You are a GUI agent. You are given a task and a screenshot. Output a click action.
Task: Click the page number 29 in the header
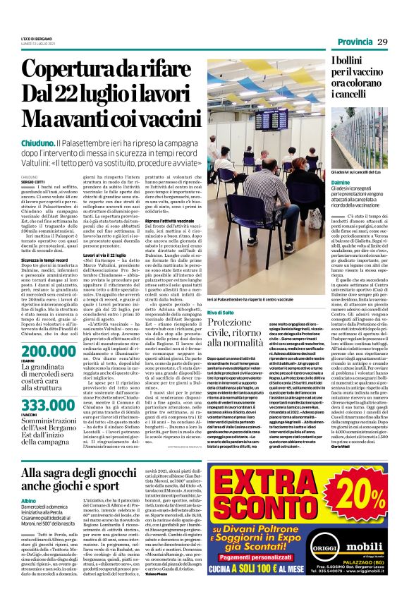coord(383,42)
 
